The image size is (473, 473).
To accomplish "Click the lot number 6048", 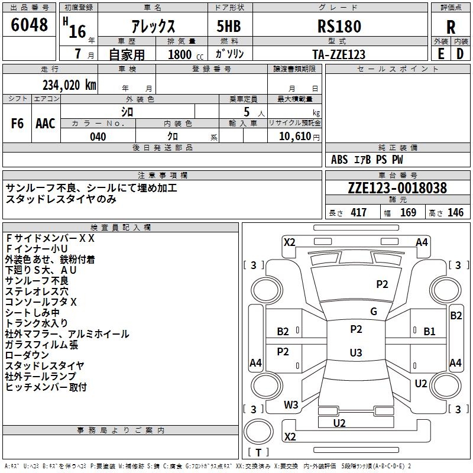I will tap(30, 25).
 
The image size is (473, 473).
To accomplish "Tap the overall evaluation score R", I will tap(451, 27).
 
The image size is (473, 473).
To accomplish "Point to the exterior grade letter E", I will tap(440, 53).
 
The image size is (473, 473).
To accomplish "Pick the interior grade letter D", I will tap(460, 53).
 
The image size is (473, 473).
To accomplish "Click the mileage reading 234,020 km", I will tap(69, 85).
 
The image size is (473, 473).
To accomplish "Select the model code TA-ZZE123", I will tap(338, 54).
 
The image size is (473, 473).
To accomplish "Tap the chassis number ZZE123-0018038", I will tap(397, 188).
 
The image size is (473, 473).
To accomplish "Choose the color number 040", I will tap(98, 137).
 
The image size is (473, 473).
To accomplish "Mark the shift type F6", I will tap(17, 124).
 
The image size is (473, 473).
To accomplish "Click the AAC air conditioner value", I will tap(45, 124).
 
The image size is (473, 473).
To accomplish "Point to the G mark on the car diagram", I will tap(374, 312).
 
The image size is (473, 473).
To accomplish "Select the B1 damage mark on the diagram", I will tap(429, 332).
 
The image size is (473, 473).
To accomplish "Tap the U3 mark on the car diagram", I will tap(355, 352).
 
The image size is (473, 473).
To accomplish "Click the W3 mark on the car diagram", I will tap(291, 405).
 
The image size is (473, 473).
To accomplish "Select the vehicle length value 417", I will tap(358, 213).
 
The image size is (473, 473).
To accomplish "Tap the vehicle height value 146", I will tap(455, 213).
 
